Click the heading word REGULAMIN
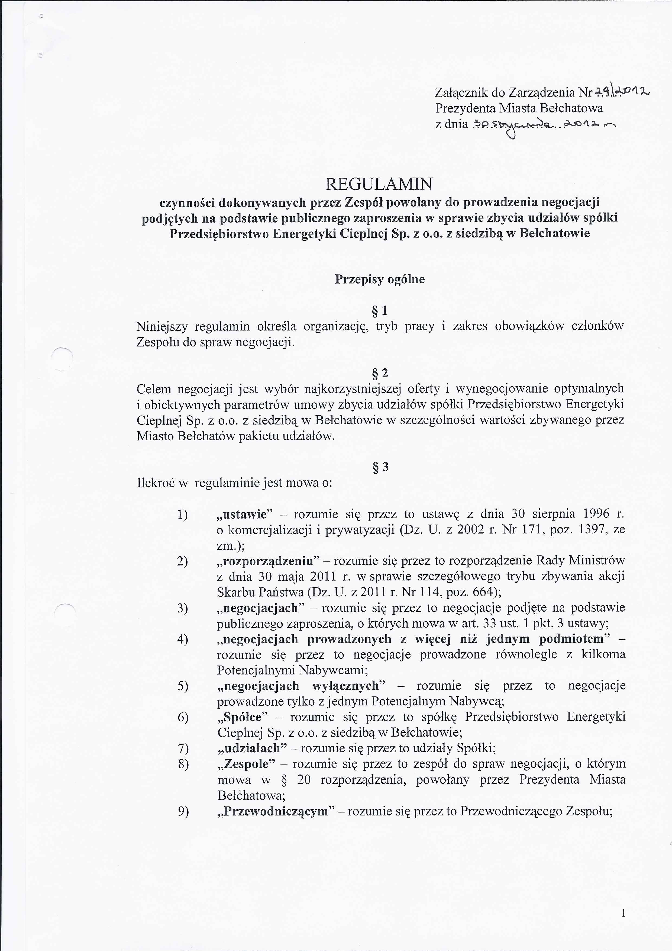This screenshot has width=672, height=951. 379,184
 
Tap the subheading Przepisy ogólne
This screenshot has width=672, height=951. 380,279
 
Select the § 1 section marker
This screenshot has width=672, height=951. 380,311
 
